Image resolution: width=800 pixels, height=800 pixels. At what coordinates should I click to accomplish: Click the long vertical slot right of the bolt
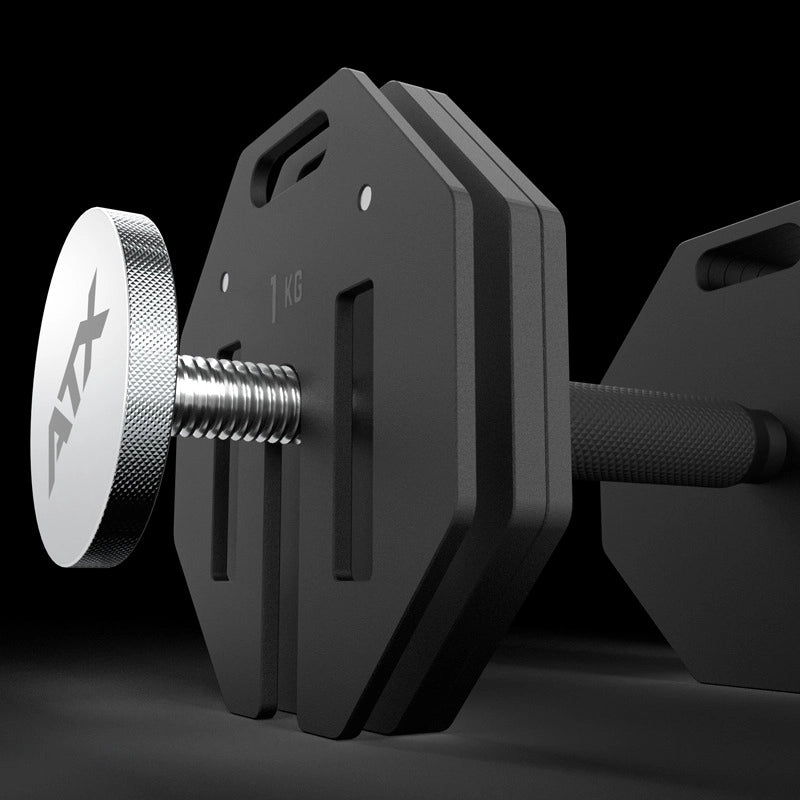pyautogui.click(x=350, y=430)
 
